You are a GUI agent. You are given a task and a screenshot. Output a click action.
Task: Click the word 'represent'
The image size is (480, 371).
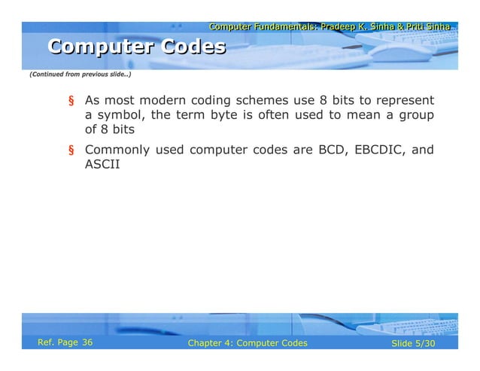(x=403, y=100)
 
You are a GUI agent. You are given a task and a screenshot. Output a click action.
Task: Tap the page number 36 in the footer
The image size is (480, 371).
(x=87, y=343)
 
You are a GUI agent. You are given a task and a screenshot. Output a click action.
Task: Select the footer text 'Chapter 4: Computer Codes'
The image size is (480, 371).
(x=248, y=344)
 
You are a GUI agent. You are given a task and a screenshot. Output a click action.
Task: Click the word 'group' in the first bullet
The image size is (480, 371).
(x=414, y=114)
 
